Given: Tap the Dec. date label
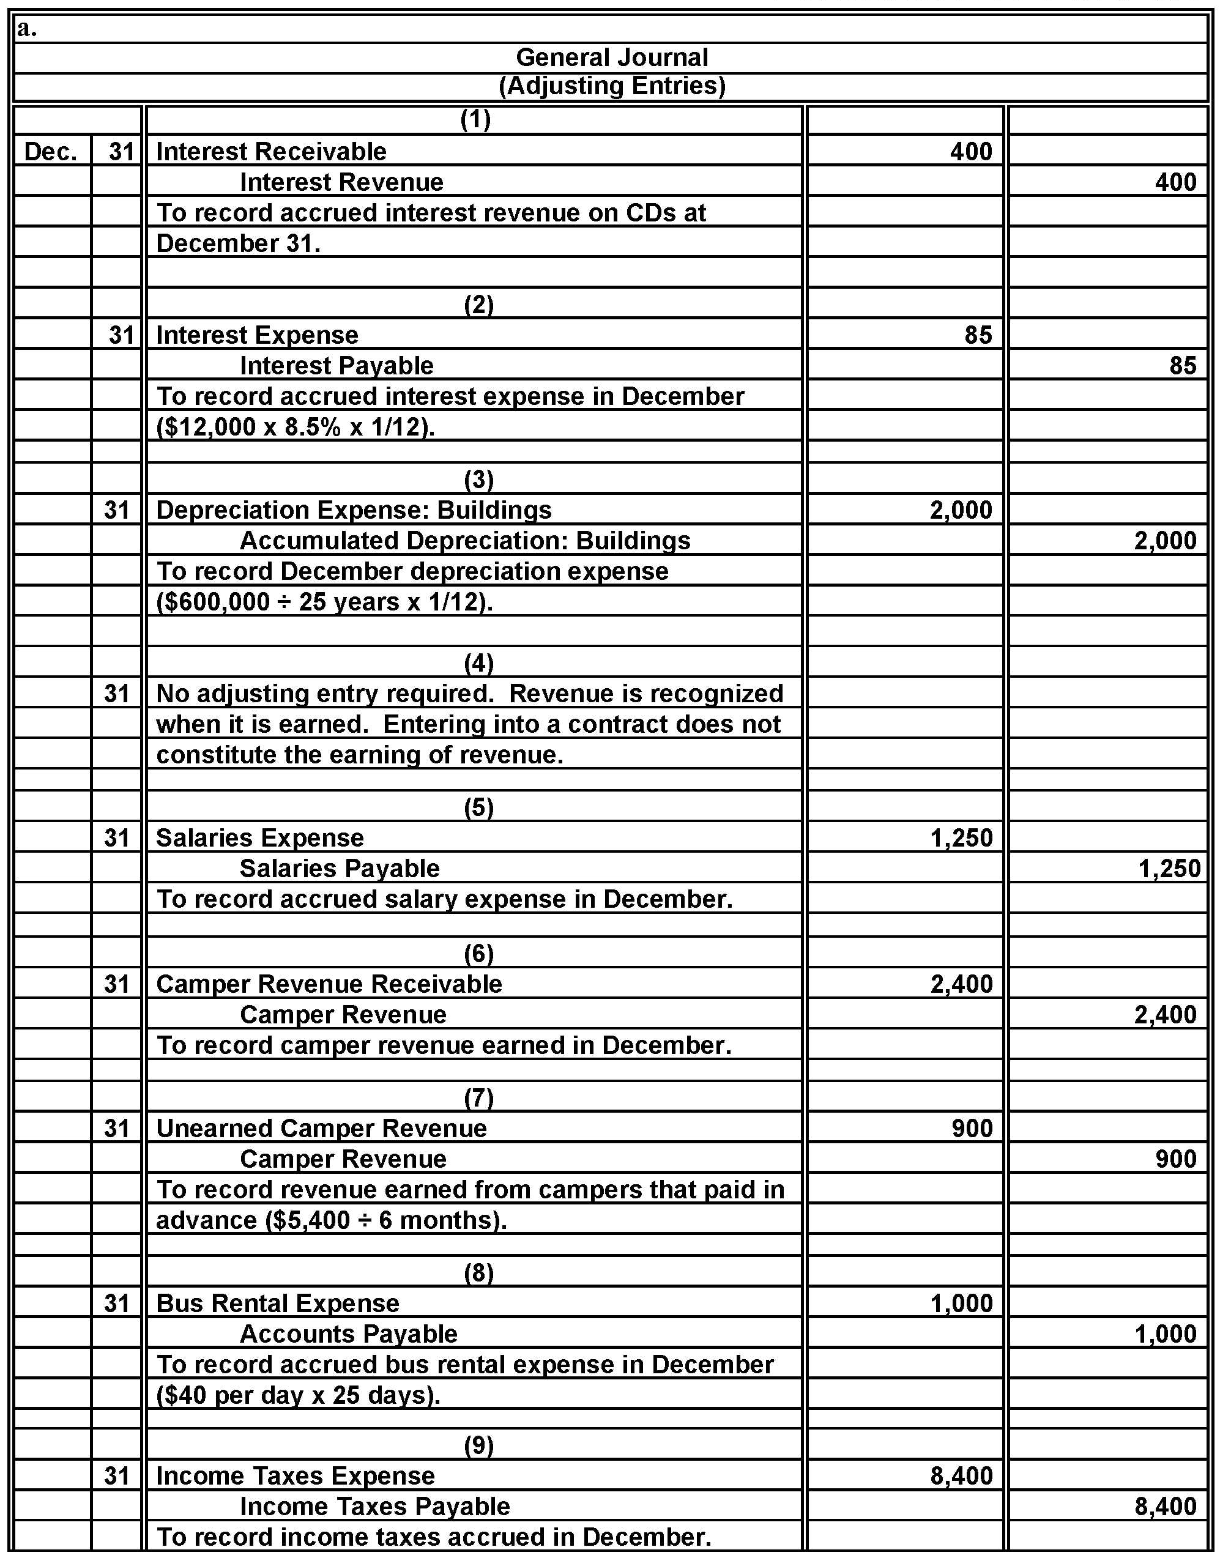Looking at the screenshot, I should [x=51, y=151].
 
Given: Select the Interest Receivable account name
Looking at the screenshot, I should [x=272, y=151].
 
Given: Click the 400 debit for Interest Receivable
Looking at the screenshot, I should [x=971, y=151].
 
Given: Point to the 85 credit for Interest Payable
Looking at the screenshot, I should [x=1182, y=366].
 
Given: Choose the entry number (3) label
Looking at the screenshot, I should [x=478, y=479].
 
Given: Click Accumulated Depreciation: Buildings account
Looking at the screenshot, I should [x=465, y=541].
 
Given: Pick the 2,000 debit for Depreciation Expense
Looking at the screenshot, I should [x=961, y=510].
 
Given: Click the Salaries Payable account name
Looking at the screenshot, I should [x=340, y=868].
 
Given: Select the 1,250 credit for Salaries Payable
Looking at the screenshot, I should [x=1169, y=868].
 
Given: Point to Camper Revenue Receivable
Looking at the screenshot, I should [x=329, y=984].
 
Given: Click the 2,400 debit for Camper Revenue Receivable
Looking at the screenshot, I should [x=961, y=984].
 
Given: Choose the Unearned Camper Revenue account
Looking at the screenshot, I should [x=321, y=1128].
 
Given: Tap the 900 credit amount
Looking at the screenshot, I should [x=1176, y=1158].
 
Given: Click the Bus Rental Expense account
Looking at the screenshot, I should [x=278, y=1303].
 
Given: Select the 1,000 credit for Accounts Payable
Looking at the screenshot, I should [x=1165, y=1334].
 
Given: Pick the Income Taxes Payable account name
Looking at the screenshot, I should [x=375, y=1506].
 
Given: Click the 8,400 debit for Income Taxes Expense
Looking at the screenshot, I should [x=961, y=1475].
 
